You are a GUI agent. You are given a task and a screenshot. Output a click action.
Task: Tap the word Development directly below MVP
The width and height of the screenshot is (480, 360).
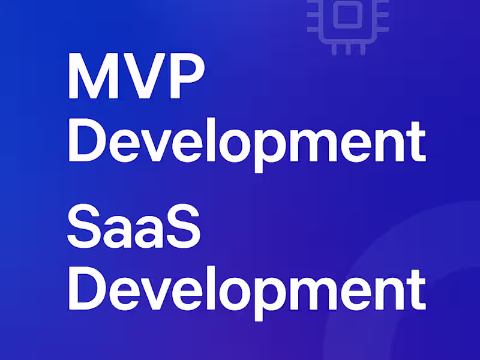coord(246,142)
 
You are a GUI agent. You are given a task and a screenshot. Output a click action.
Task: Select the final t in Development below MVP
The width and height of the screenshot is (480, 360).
coord(417,141)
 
